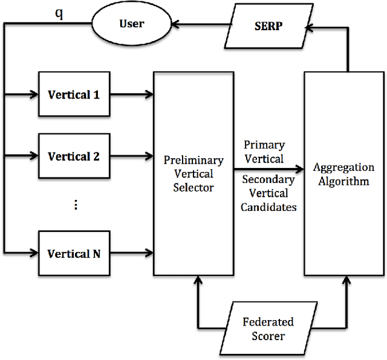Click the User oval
coord(131,24)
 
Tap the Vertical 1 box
coord(74,95)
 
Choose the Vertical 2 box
coord(74,156)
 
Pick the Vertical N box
coord(74,254)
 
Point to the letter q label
coord(59,14)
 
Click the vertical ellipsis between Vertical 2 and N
coord(76,205)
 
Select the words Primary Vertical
coord(264,152)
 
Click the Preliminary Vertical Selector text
coord(193,174)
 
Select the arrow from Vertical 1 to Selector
coord(131,94)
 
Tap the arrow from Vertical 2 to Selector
coord(131,156)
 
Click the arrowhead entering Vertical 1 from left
coord(33,94)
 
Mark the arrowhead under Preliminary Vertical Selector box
coord(198,281)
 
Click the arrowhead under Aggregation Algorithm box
coord(346,281)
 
